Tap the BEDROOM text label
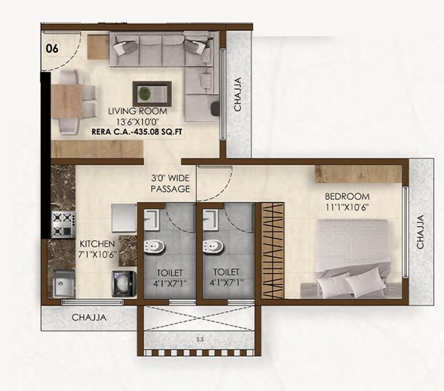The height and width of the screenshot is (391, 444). click(x=347, y=196)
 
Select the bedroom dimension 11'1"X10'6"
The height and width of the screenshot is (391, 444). click(x=347, y=207)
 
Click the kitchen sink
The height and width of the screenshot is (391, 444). click(x=66, y=283)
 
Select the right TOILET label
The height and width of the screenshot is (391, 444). click(x=229, y=272)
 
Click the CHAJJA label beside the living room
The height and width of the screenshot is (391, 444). click(x=238, y=94)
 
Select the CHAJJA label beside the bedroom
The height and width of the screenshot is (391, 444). click(x=420, y=233)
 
